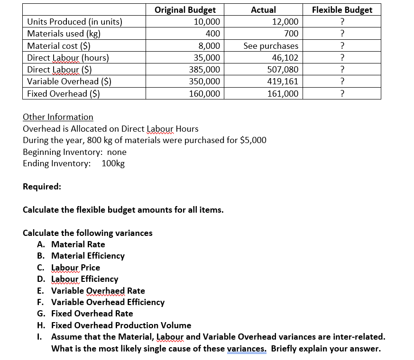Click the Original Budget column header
coord(185,10)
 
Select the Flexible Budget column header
coord(342,10)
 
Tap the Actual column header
coord(263,10)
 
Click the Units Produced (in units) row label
coord(74,22)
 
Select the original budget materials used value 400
coord(212,34)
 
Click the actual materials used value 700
coord(291,34)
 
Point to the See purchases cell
coord(271,46)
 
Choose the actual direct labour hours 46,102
coord(285,58)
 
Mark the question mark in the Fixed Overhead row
coord(342,94)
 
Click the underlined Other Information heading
coord(58,117)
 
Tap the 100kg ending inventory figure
coord(113,164)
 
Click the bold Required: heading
coord(42,187)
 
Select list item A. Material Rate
coord(71,244)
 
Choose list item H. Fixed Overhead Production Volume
coord(114,325)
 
